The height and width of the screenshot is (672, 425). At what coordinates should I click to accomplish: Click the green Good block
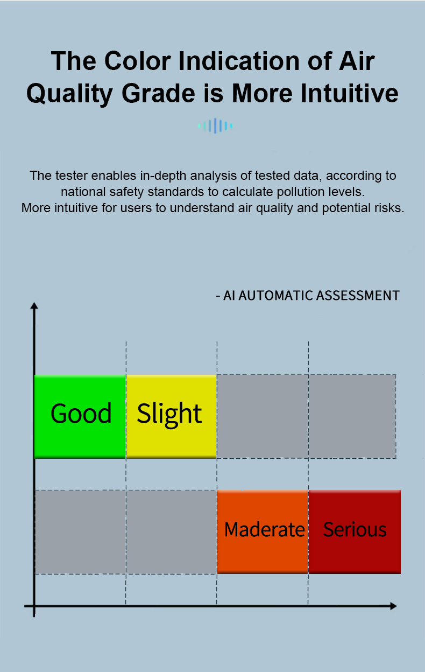click(80, 416)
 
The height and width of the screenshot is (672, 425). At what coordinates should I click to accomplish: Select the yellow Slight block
click(171, 416)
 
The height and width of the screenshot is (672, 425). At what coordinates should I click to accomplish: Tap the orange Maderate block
click(263, 532)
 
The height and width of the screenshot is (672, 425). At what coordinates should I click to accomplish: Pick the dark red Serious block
click(355, 532)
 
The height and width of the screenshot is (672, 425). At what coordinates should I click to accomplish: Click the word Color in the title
click(138, 61)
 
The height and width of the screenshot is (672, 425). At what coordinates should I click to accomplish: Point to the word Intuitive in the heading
click(350, 93)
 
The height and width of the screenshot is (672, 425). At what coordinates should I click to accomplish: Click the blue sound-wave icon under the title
click(215, 125)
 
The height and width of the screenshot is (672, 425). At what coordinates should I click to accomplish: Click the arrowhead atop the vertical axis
click(34, 306)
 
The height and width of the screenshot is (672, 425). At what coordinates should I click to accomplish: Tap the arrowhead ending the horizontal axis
click(393, 606)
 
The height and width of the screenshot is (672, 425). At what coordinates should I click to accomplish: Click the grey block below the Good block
click(80, 532)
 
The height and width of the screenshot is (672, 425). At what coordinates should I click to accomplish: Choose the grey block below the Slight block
click(171, 532)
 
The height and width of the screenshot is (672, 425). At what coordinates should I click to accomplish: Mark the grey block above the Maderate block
click(263, 416)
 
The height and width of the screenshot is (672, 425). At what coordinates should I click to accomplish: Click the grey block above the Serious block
click(352, 416)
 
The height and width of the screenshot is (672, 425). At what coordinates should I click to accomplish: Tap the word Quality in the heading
click(69, 94)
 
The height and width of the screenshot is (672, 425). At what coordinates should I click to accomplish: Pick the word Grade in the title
click(159, 93)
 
